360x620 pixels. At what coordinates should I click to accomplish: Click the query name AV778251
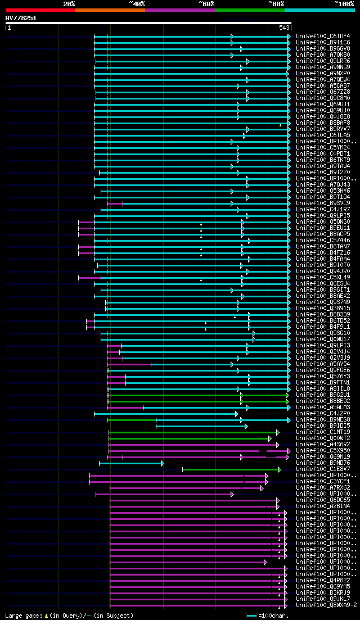tap(21, 18)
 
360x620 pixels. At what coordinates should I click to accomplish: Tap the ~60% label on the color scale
tap(206, 4)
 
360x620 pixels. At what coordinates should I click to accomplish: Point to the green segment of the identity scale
tap(249, 10)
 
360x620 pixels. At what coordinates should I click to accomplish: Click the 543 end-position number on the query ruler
tap(283, 28)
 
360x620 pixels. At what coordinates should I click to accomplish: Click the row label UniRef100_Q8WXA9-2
tap(326, 605)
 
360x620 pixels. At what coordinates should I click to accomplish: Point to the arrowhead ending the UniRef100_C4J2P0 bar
tap(237, 414)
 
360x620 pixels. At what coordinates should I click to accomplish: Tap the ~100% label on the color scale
tap(344, 4)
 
